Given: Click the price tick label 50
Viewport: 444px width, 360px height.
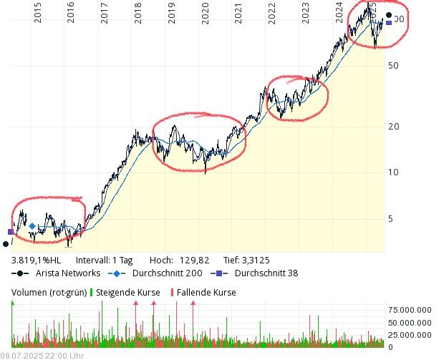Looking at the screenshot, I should click(x=392, y=65).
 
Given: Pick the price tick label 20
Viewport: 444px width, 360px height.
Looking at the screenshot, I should click(x=392, y=127).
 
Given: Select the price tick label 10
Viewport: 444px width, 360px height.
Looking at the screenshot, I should click(x=392, y=172).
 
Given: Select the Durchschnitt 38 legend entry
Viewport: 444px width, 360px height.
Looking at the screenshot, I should click(x=266, y=273).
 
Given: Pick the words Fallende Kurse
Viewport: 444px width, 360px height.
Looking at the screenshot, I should click(x=206, y=292).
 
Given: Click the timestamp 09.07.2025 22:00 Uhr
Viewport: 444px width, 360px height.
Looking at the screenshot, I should click(x=42, y=355).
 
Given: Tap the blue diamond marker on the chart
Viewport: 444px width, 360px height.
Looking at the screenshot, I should click(x=32, y=226).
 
